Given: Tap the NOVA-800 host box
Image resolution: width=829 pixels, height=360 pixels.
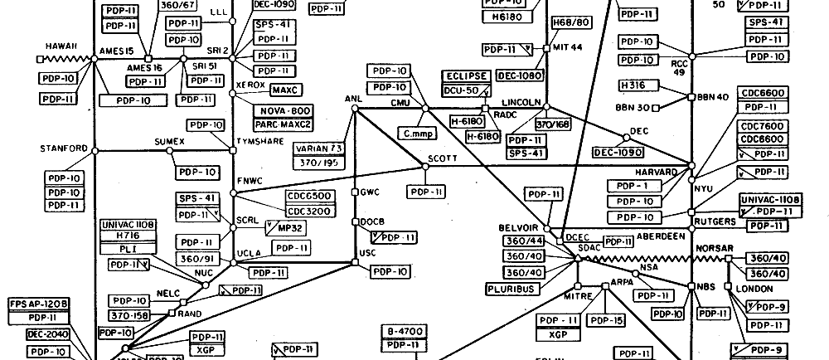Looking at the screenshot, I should click(x=284, y=110).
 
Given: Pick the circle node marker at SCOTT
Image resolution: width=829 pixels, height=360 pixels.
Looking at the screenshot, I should click(x=425, y=166).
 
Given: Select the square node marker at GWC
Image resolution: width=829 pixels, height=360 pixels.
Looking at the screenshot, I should click(x=355, y=192).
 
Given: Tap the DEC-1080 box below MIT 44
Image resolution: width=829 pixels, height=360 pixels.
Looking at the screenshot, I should click(x=521, y=75).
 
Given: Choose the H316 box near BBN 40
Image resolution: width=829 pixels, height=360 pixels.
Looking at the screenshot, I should click(x=638, y=85).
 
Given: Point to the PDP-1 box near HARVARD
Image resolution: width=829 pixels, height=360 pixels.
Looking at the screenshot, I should click(x=635, y=186).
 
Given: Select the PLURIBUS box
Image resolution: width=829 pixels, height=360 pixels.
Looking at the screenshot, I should click(x=510, y=289).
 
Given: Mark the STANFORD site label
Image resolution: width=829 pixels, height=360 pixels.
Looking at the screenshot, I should click(x=64, y=148).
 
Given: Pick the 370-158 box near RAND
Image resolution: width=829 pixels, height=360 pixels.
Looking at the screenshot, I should click(x=130, y=316).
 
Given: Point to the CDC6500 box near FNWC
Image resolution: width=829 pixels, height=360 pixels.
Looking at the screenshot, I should click(x=308, y=196).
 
